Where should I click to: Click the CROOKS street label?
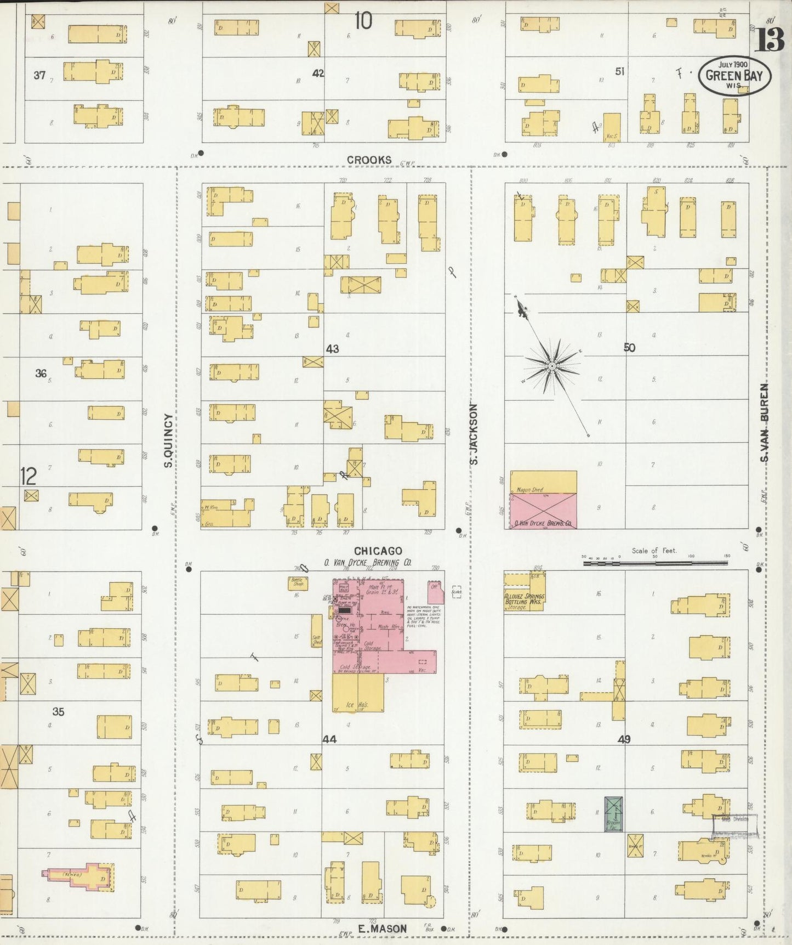coord(369,160)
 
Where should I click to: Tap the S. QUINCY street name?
coord(169,440)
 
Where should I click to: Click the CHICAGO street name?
coord(378,550)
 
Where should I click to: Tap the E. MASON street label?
coord(382,929)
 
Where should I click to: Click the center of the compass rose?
coord(552,365)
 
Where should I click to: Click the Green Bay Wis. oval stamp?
coord(734,76)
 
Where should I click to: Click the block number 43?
coord(332,349)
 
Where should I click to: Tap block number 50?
coord(629,347)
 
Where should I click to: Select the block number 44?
coord(329,739)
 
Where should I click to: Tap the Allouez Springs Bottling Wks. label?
coord(524,601)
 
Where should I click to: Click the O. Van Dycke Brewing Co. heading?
coord(367,562)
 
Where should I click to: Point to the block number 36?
coord(41,374)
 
